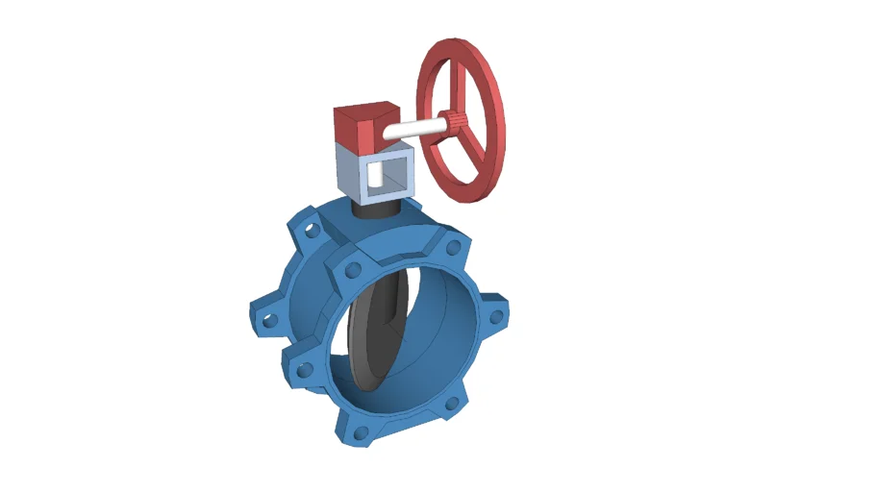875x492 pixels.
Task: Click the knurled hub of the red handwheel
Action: point(455,122)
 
